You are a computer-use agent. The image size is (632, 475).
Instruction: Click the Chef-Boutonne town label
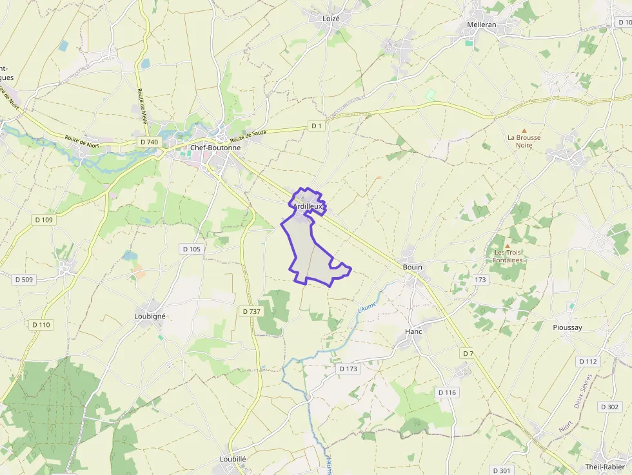point(215,148)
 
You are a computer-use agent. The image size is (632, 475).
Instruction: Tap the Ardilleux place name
point(308,206)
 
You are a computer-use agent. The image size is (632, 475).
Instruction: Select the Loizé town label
point(331,19)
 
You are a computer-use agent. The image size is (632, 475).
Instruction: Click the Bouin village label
point(412,267)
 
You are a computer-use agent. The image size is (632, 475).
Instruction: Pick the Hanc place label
point(413,331)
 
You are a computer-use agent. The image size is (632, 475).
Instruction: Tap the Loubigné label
point(150,316)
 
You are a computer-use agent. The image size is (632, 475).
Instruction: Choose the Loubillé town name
point(233,459)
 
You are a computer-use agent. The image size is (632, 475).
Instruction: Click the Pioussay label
point(568,327)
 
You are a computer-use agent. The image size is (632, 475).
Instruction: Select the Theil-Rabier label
point(605,467)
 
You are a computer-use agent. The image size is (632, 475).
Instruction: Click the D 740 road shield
point(148,142)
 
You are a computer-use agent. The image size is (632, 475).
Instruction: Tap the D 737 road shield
point(252,311)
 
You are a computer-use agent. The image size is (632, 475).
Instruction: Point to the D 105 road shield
point(192,249)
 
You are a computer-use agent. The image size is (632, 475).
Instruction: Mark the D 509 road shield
point(23,279)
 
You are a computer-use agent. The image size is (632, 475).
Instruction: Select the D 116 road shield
point(447,393)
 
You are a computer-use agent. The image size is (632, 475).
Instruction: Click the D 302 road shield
point(609,407)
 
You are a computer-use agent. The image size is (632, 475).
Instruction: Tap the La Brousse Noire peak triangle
point(524,130)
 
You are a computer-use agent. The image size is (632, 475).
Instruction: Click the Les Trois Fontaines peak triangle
point(507,246)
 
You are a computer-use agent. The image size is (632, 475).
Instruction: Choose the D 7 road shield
point(468,354)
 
